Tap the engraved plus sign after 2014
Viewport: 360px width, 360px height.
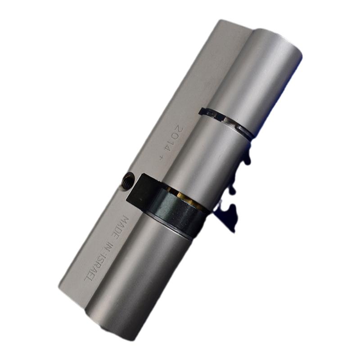[162, 158]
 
